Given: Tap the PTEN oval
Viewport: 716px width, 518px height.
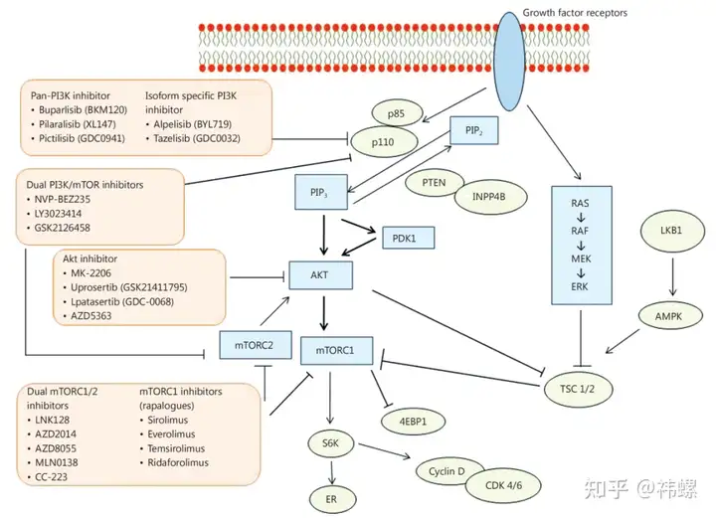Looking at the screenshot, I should pyautogui.click(x=433, y=182).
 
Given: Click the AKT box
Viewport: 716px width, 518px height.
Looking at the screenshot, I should pyautogui.click(x=319, y=274).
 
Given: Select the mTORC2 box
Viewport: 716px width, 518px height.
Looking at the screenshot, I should pyautogui.click(x=254, y=344).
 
